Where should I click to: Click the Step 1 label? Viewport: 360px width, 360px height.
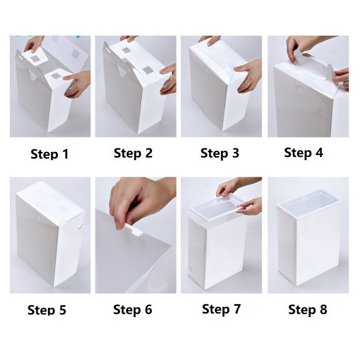50,154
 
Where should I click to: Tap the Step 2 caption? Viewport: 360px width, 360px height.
133,153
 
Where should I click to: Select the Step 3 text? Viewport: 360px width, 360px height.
220,153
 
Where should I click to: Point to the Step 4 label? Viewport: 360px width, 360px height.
304,153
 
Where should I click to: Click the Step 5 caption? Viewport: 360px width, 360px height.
47,310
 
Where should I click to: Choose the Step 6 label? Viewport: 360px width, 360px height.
133,310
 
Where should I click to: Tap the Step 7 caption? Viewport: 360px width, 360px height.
222,309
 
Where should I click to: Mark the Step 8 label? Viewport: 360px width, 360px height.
308,309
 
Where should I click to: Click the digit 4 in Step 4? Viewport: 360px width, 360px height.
319,152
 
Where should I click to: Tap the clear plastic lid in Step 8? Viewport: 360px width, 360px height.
309,201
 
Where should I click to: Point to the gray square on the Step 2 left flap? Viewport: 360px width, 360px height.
126,51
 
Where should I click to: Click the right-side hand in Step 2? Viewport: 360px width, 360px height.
168,79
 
